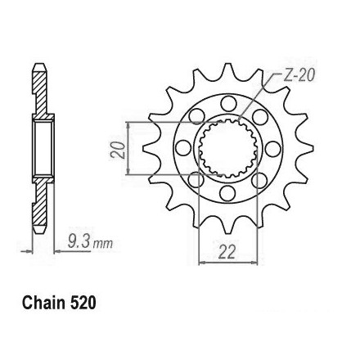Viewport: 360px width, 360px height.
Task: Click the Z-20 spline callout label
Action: pyautogui.click(x=299, y=75)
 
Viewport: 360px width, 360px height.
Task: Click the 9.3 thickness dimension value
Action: pyautogui.click(x=79, y=241)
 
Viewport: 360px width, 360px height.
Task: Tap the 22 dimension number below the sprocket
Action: pyautogui.click(x=227, y=252)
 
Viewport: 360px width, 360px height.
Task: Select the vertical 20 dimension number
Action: pyautogui.click(x=118, y=150)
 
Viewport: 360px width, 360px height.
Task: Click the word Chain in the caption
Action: pyautogui.click(x=43, y=303)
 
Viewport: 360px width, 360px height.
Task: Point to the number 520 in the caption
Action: pyautogui.click(x=83, y=303)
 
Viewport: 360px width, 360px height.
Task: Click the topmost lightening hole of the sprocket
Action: pyautogui.click(x=228, y=104)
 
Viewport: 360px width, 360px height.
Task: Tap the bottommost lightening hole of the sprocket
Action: pyautogui.click(x=227, y=193)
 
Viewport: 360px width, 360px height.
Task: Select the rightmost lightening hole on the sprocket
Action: pyautogui.click(x=272, y=149)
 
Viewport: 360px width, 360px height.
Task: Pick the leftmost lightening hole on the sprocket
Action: pyautogui.click(x=183, y=148)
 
